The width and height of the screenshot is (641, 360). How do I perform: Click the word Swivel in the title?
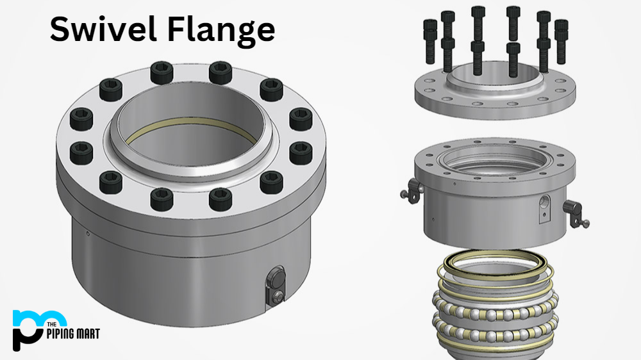pyautogui.click(x=103, y=29)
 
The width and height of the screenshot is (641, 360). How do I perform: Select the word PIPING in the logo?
pyautogui.click(x=63, y=334)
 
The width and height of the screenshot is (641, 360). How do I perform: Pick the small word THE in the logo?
pyautogui.click(x=51, y=325)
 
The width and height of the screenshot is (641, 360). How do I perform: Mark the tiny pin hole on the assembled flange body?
pyautogui.click(x=88, y=234)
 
